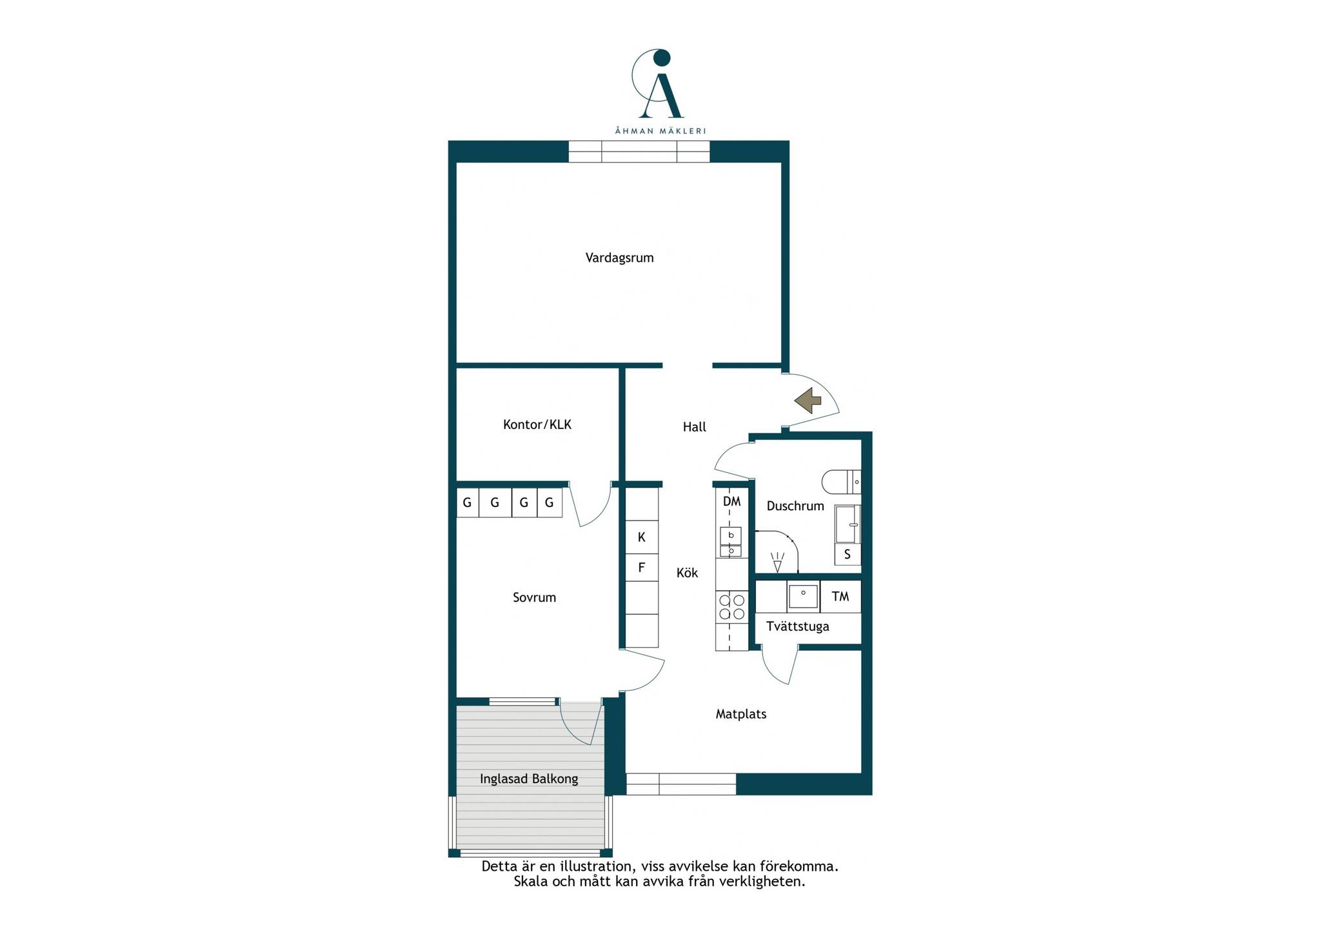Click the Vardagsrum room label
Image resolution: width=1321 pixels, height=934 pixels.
click(x=619, y=258)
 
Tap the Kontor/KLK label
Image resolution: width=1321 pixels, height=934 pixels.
click(x=537, y=424)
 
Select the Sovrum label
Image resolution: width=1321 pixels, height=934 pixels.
click(x=534, y=597)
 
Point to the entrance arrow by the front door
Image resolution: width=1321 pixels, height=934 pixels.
click(x=808, y=401)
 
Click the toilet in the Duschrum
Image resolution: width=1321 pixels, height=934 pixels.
click(x=841, y=482)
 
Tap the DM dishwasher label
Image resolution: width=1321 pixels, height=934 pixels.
click(x=731, y=501)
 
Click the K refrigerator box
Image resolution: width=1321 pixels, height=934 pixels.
click(x=642, y=537)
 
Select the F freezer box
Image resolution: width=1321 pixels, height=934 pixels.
click(x=642, y=568)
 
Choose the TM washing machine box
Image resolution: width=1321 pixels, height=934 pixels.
click(x=840, y=597)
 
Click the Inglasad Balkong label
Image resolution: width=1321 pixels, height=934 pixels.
click(x=529, y=779)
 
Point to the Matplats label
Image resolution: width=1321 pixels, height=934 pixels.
click(x=741, y=714)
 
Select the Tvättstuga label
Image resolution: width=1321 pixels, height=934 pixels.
click(x=798, y=626)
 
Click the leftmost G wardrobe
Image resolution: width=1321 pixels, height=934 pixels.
click(x=468, y=502)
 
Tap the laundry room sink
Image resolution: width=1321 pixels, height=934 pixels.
click(x=803, y=597)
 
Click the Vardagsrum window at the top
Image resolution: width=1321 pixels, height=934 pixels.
click(x=639, y=152)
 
